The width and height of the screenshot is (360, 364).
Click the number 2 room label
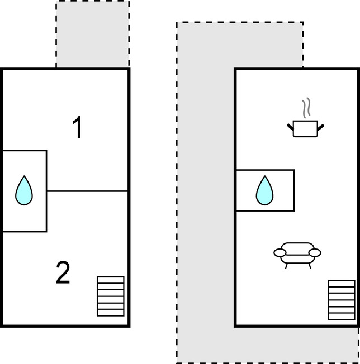(63, 273)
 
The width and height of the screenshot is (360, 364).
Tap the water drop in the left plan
(24, 190)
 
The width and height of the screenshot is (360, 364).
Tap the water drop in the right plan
(264, 190)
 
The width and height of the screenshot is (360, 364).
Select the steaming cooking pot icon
(305, 128)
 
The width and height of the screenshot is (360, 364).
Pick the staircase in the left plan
(110, 296)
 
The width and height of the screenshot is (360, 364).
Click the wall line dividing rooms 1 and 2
(87, 191)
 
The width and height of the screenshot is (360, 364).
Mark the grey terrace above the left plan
(93, 33)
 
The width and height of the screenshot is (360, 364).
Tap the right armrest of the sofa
(315, 253)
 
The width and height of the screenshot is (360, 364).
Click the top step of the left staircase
(110, 280)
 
